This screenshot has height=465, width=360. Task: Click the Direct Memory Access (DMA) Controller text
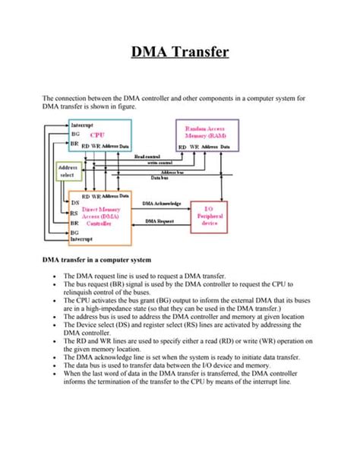coord(99,214)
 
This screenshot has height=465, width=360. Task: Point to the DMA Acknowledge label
coord(162,203)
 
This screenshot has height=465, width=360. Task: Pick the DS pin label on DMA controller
coord(74,203)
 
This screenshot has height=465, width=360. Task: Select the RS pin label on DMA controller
coord(74,214)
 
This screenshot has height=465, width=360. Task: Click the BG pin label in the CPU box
coord(75,133)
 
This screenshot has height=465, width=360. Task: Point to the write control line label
coord(160,162)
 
